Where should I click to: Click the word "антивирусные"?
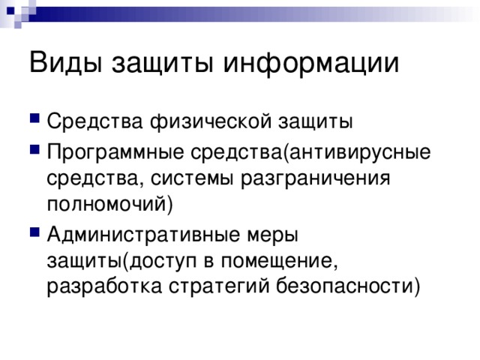tap(359, 153)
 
